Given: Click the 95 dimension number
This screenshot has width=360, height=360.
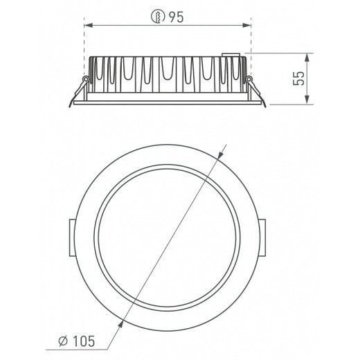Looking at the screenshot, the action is click(x=176, y=17).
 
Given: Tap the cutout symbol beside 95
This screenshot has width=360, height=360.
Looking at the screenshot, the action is click(x=158, y=17).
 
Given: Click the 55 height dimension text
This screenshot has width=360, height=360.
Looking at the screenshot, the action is click(x=299, y=78).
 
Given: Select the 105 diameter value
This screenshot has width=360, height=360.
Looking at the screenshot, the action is click(x=84, y=341).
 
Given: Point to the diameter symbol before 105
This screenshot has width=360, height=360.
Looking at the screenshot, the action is click(x=63, y=341).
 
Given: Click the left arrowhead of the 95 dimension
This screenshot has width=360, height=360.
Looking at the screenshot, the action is click(x=89, y=25).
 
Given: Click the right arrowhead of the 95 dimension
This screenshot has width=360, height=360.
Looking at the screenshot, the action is click(x=246, y=25).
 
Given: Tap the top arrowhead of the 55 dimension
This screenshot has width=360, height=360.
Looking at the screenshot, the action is click(x=307, y=57).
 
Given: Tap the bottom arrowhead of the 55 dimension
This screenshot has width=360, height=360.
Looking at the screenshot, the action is click(x=307, y=100).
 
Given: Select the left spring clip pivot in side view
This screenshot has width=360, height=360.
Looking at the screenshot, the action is click(x=86, y=79).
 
